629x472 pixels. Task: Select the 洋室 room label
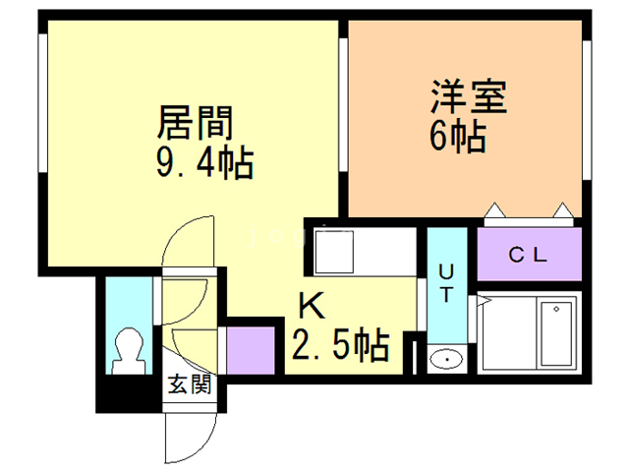pos(468,98)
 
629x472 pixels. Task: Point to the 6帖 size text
pos(458,138)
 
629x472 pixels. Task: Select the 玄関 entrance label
pos(188,384)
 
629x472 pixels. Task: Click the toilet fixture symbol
pos(128,350)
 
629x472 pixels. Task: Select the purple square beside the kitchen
pos(251,348)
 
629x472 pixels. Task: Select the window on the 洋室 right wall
pos(586,108)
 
